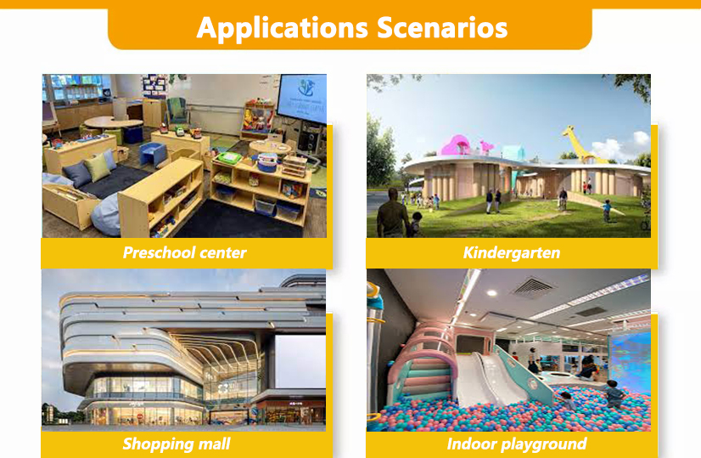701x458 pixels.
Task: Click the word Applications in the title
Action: pos(272,27)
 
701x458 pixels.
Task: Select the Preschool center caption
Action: pos(184,252)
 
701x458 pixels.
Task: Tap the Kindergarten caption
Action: pos(511,252)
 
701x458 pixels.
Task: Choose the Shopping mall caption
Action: pos(176,444)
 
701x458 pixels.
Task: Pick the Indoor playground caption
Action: pos(516,444)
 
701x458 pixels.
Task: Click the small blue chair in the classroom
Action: pos(154,155)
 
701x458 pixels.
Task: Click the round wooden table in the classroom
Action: pos(113,123)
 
